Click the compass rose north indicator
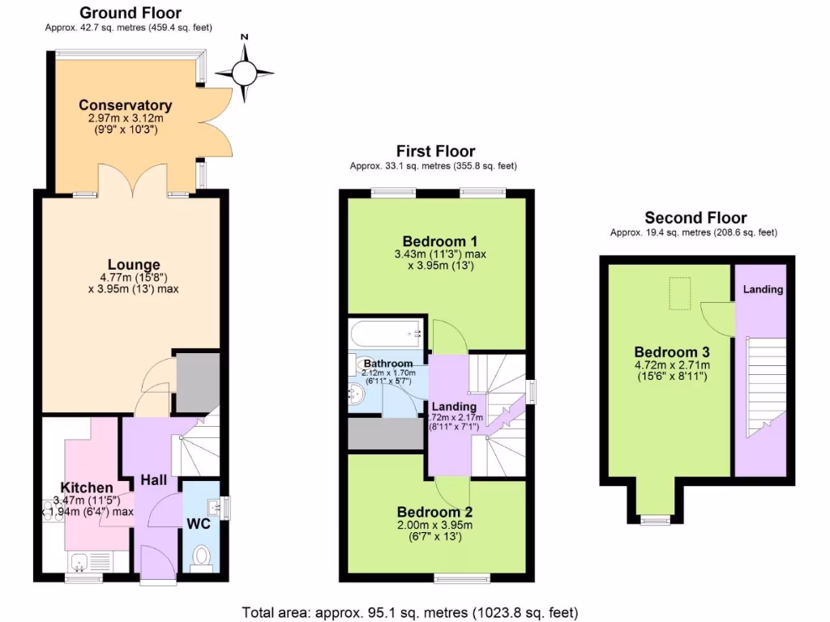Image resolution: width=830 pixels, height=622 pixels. tap(244, 73)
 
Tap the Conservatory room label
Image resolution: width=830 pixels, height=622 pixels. tap(125, 105)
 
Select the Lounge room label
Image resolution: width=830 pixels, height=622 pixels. tap(134, 265)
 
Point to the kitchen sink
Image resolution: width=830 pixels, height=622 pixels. tap(81, 561)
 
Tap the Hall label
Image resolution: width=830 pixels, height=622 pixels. tap(153, 481)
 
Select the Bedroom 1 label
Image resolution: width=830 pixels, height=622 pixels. tap(439, 241)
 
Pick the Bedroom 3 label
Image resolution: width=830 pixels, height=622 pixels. tap(672, 352)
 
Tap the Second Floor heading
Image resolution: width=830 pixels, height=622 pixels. tap(695, 217)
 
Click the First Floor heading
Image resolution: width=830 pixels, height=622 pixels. tap(435, 151)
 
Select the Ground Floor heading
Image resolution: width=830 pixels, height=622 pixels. tap(130, 12)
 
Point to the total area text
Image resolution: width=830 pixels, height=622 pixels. tap(410, 612)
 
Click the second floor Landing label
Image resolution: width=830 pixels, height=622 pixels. tap(764, 289)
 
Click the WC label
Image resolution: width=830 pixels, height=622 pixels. tap(199, 524)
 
